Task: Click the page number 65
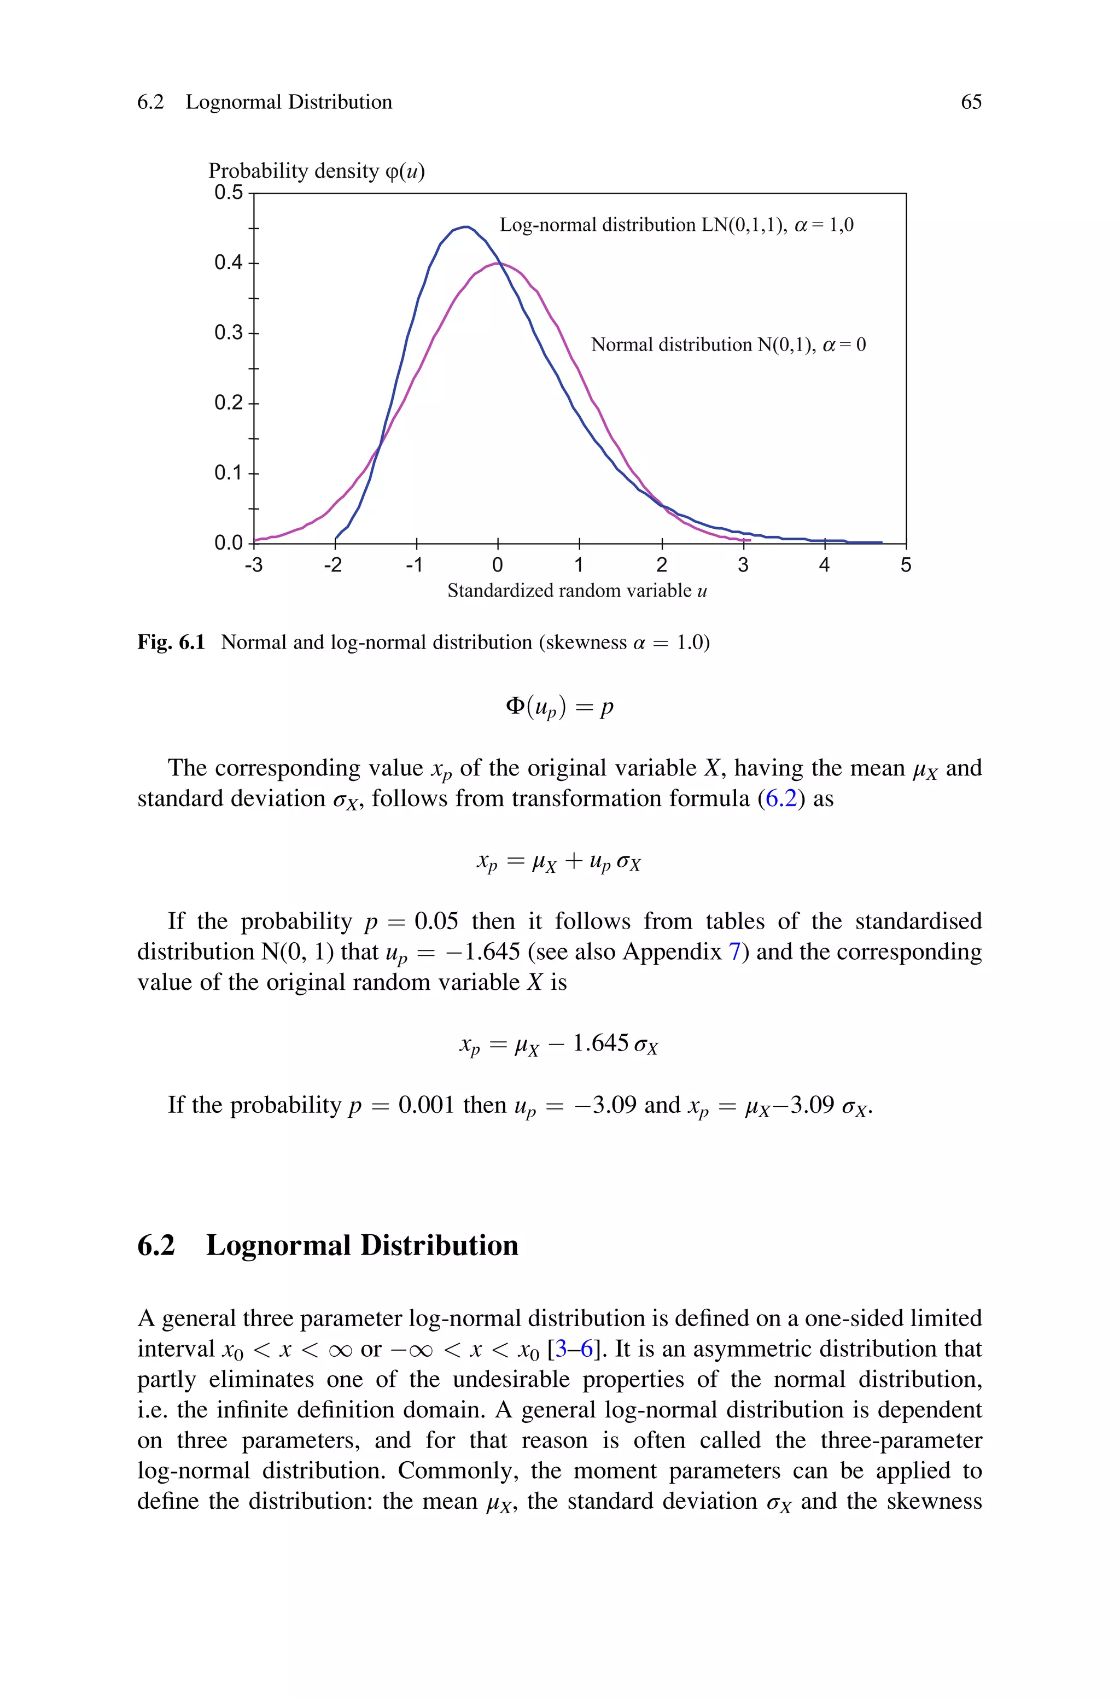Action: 971,102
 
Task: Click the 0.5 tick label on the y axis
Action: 229,193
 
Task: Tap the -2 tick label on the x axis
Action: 333,565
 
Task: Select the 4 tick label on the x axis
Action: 824,565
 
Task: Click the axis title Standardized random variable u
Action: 577,591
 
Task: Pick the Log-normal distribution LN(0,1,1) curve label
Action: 676,226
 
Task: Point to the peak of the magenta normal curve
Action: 498,264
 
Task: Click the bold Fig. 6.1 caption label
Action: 171,643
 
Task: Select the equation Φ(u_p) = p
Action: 559,707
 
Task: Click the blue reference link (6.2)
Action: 781,798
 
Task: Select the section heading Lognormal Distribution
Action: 361,1245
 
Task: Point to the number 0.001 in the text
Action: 427,1105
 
